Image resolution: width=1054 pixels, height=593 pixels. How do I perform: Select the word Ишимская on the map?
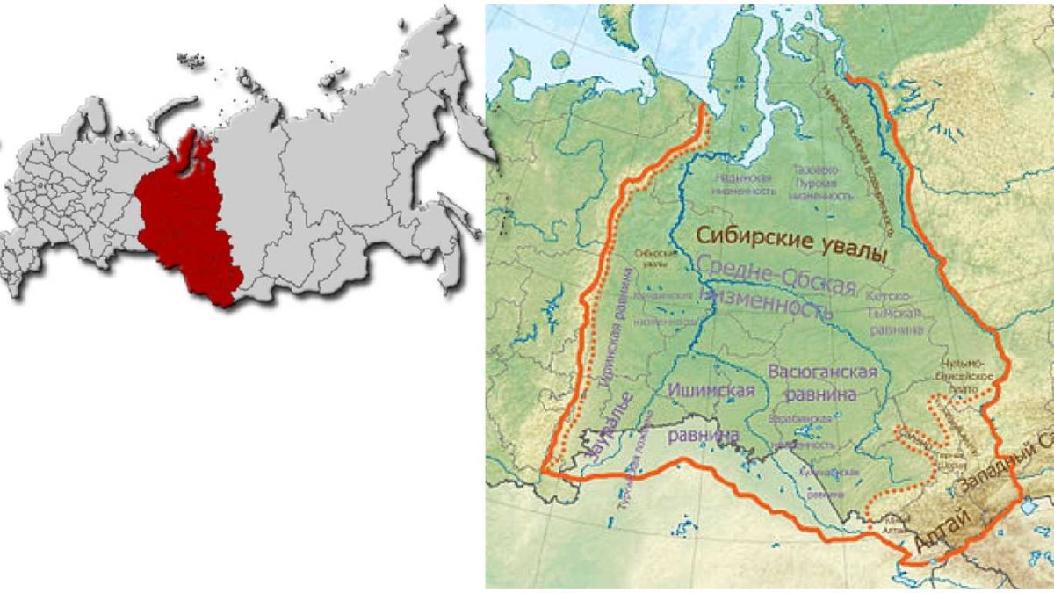coord(711,391)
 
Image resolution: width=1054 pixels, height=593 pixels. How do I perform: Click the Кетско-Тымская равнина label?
coord(896,312)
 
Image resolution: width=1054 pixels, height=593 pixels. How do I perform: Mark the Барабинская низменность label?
coord(800,431)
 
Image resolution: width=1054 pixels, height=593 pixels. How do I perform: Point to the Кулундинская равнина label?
coord(826,483)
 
